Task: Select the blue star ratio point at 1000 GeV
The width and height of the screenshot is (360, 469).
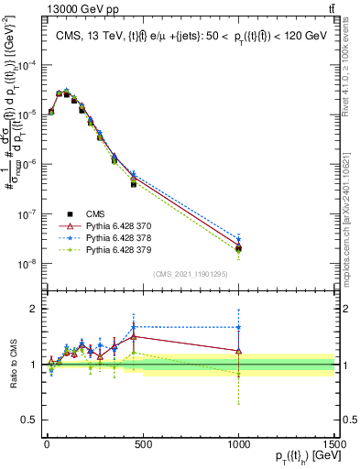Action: pos(238,327)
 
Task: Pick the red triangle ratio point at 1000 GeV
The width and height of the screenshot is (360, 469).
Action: pos(238,350)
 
